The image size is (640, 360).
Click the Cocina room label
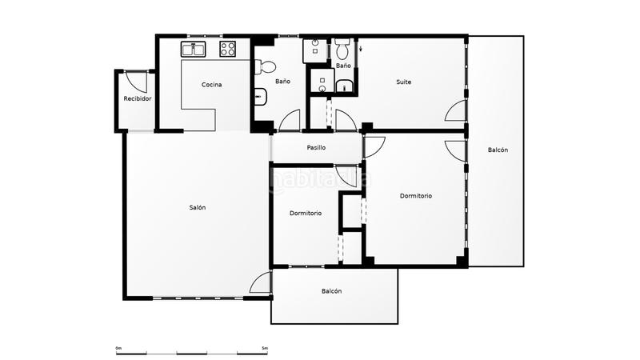[211, 85]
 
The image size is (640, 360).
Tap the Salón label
[197, 207]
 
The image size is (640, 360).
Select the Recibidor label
[138, 98]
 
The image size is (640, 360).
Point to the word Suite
[404, 82]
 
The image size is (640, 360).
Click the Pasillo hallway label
[316, 147]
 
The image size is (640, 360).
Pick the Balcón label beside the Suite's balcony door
[498, 150]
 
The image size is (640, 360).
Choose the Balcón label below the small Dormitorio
[331, 291]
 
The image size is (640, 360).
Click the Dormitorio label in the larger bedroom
[415, 195]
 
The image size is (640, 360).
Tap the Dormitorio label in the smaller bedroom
[306, 213]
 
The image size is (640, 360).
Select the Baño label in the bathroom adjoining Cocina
[282, 82]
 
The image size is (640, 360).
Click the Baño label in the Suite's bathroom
[343, 66]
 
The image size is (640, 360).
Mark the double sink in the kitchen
[194, 49]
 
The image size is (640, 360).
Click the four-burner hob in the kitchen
[228, 49]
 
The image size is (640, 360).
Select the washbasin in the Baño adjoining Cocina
[261, 97]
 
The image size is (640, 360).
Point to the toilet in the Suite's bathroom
[342, 49]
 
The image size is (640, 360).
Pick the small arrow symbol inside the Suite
[361, 49]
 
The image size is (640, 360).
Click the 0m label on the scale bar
[118, 348]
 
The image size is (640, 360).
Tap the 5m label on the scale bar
[265, 348]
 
